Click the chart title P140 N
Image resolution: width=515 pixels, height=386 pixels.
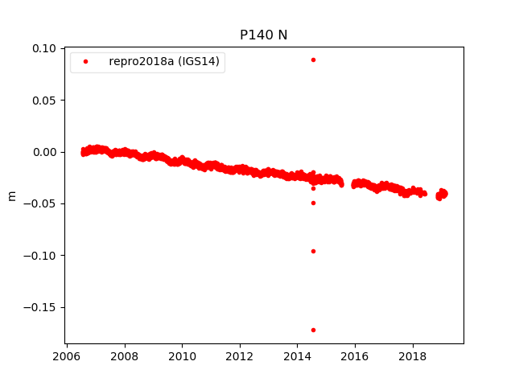tap(263, 35)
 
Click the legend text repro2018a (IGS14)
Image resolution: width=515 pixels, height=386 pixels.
tap(164, 62)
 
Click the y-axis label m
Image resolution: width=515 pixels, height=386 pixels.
tap(11, 195)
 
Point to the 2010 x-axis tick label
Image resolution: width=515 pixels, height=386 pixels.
tap(183, 356)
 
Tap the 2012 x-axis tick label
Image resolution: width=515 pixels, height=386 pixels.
tap(240, 356)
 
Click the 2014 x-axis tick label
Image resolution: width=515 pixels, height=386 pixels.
tap(298, 356)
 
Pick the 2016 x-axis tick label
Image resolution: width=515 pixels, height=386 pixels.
tap(356, 356)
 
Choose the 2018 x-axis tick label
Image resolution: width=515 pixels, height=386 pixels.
tap(414, 356)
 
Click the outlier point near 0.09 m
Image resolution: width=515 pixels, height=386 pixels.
tap(313, 60)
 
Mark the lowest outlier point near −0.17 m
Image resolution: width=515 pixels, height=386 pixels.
tap(313, 330)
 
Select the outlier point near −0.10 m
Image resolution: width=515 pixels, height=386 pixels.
tap(313, 251)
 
